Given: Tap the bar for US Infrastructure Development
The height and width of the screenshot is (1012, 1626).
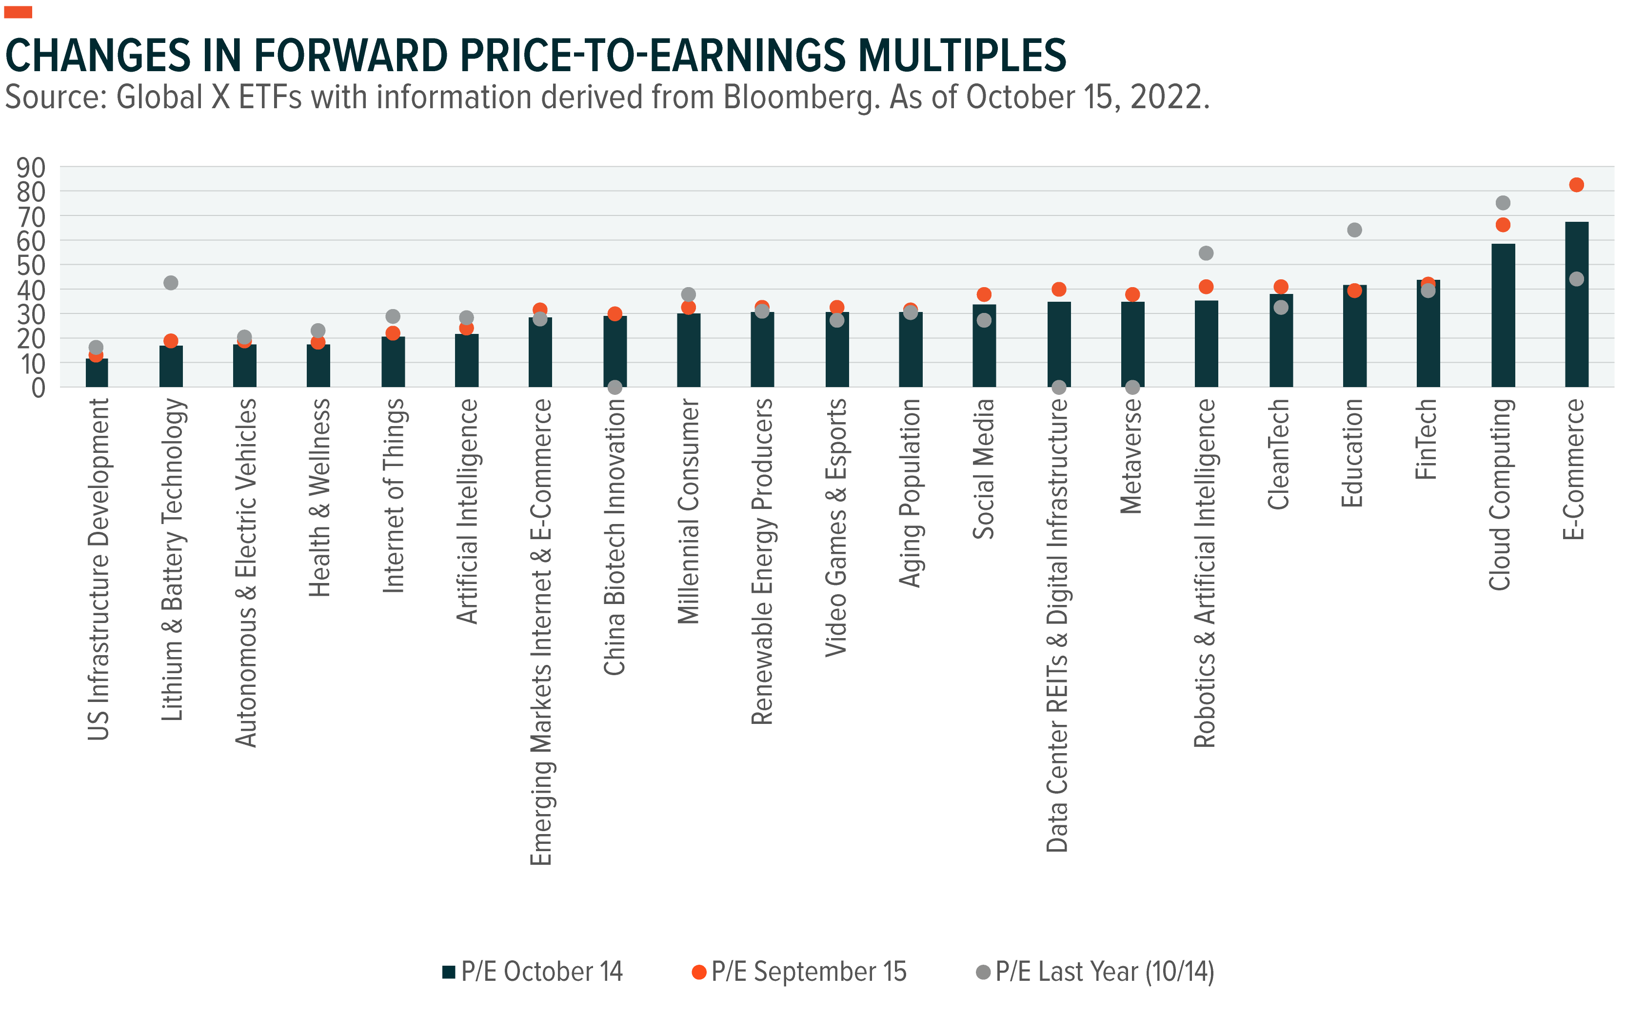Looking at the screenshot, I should coord(97,373).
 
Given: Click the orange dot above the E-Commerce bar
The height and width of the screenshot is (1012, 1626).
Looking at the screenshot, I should coord(1576,185).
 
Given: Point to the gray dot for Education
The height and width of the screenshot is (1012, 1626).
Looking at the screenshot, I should coord(1354,230).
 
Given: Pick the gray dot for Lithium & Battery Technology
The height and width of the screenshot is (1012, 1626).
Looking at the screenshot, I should coord(171,282).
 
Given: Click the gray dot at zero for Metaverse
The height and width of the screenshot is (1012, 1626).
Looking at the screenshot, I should coord(1132,387).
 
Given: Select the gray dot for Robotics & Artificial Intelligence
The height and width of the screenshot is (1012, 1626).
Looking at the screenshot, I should coord(1206,253).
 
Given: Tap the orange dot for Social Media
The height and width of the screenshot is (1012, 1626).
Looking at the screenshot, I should coord(984,294).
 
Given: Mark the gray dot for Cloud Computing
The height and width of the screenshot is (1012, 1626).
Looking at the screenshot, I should coord(1503,202).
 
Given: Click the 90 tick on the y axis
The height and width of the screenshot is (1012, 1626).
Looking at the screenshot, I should coord(31,167).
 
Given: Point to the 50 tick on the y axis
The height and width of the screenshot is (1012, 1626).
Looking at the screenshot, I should coord(31,266).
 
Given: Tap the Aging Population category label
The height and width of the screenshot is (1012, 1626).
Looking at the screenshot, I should coord(910,493).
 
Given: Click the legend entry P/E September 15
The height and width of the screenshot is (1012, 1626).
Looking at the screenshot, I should coord(799,971).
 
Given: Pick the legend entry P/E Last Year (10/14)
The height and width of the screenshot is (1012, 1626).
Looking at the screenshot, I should coord(1095,971).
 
